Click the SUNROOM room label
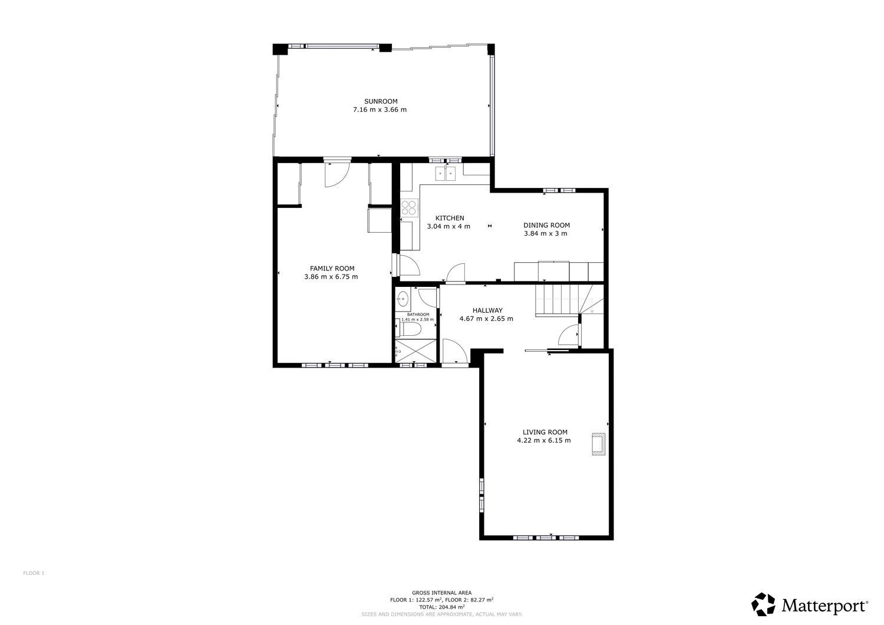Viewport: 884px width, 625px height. [x=380, y=101]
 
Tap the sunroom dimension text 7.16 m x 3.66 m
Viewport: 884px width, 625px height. [x=380, y=110]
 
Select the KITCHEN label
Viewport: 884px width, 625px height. [x=449, y=218]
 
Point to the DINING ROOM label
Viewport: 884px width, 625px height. [x=546, y=225]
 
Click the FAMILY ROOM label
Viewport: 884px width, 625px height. [x=332, y=269]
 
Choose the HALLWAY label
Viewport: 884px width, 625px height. [x=487, y=310]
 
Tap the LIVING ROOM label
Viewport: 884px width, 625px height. [x=545, y=432]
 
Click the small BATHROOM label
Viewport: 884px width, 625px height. [x=417, y=315]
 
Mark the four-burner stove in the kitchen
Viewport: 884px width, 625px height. [x=409, y=207]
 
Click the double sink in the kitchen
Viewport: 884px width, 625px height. [x=446, y=173]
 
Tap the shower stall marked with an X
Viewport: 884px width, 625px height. [x=415, y=350]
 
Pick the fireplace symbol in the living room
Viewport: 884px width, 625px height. [x=599, y=444]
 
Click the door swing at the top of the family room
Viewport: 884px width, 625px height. [x=337, y=173]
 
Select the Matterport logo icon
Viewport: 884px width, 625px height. [x=763, y=604]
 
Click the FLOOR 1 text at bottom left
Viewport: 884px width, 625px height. [x=34, y=573]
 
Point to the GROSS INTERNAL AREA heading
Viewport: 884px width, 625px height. [x=441, y=593]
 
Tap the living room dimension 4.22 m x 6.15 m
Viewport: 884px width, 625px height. [x=544, y=440]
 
